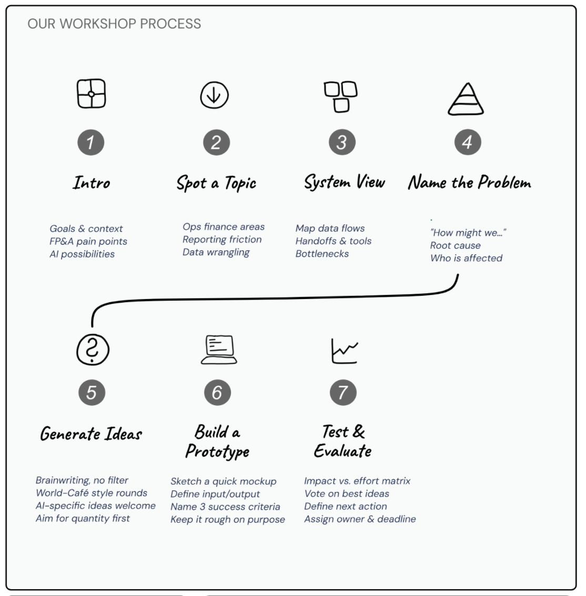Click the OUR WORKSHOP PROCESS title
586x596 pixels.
coord(114,24)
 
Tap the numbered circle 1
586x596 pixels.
coord(91,142)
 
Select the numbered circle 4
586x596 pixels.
coord(467,142)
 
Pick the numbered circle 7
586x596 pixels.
coord(343,392)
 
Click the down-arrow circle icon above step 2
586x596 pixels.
coord(214,96)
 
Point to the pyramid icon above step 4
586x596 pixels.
coord(466,98)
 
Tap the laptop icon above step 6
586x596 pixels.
coord(219,350)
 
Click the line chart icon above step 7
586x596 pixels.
coord(345,351)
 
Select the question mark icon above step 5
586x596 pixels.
coord(92,350)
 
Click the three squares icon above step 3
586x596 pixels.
coord(341,96)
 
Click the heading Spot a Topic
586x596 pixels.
coord(216,183)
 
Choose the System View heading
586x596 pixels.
coord(345,182)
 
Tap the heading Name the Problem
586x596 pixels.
coord(469,183)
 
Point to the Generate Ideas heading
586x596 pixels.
coord(91,434)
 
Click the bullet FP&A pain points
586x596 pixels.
coord(88,242)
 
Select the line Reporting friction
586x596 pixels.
coord(222,240)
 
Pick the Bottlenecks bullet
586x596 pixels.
coord(322,254)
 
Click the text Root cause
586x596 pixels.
coord(455,245)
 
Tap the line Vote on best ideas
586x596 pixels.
coord(347,494)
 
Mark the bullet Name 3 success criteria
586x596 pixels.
coord(225,507)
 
